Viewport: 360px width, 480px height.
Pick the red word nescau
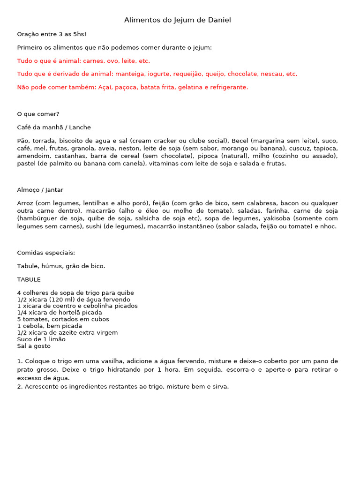click(x=272, y=74)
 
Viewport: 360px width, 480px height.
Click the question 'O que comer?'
click(x=38, y=114)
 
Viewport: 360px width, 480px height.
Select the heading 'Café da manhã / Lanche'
click(x=54, y=127)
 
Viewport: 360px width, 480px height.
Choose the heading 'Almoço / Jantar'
click(x=40, y=190)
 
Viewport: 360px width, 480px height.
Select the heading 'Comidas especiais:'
click(x=46, y=253)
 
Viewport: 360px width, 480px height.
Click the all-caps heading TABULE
click(x=29, y=279)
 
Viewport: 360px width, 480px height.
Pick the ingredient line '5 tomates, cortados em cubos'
click(x=63, y=319)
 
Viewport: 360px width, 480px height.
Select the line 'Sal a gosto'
click(x=34, y=346)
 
